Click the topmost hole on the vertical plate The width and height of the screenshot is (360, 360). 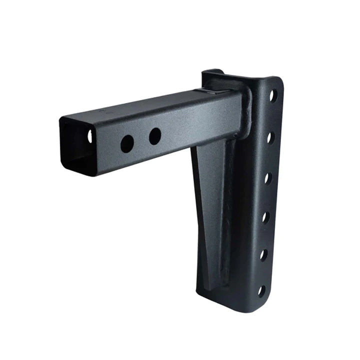(273, 94)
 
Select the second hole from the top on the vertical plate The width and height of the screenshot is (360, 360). (270, 136)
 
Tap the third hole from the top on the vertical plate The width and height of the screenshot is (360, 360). (268, 177)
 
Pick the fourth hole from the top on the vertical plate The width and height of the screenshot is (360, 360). (266, 216)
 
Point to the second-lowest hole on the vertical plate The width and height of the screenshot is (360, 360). (263, 254)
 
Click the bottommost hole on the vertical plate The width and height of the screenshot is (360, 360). (261, 290)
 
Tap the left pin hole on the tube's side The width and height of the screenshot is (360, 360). (127, 144)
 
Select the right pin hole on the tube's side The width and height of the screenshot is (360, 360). (155, 136)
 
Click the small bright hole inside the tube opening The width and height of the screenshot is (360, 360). (90, 135)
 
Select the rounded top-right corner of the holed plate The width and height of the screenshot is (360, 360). (277, 82)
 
